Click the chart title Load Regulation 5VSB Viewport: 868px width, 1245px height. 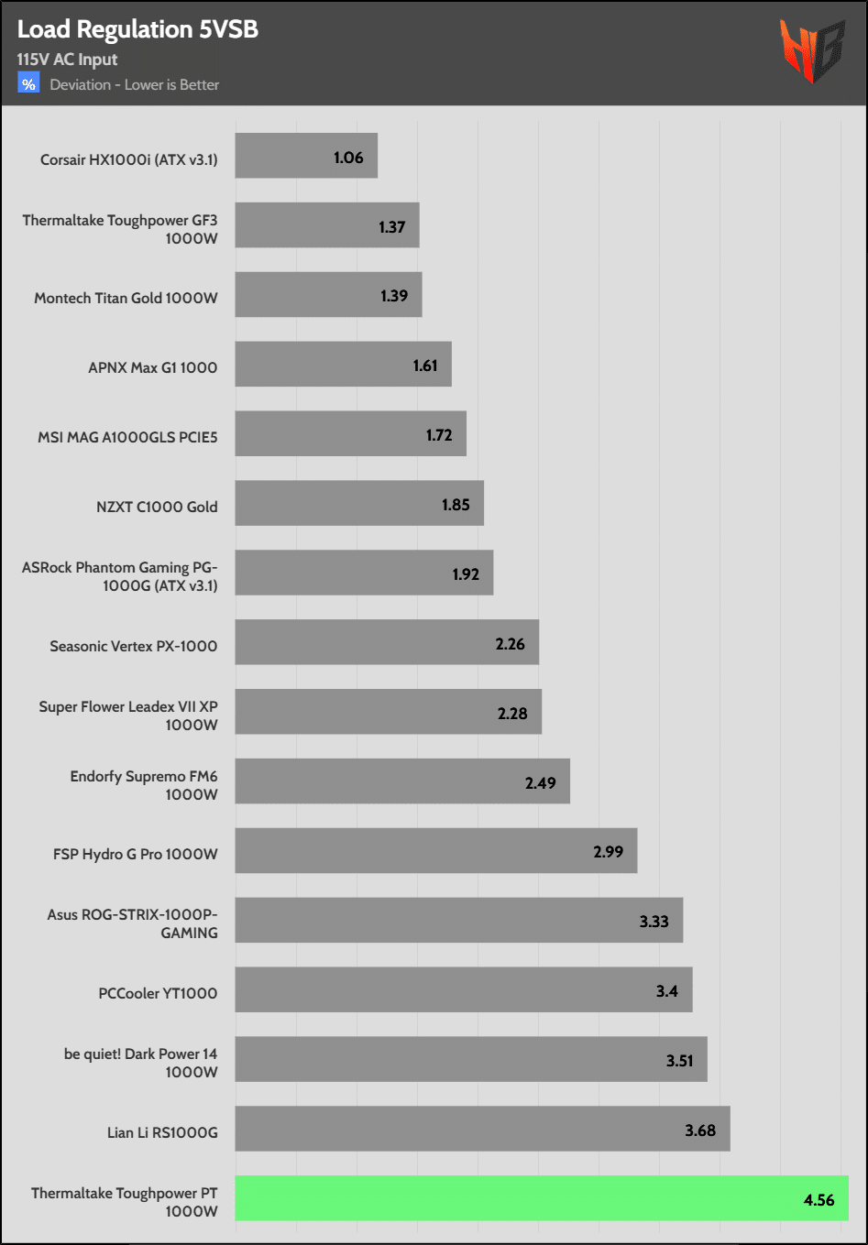[137, 29]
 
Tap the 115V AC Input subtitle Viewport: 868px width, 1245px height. [67, 60]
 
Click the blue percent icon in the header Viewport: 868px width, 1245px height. [28, 84]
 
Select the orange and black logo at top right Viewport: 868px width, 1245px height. [811, 49]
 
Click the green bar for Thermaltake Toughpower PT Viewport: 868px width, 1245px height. [541, 1198]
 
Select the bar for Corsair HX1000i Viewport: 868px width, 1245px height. [306, 156]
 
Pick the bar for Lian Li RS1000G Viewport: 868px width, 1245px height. [482, 1129]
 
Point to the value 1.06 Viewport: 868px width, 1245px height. [348, 158]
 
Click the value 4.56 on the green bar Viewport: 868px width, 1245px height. [819, 1200]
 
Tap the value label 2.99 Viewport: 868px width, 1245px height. [608, 852]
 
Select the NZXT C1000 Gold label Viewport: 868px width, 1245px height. [157, 507]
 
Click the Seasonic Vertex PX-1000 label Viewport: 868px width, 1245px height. [134, 646]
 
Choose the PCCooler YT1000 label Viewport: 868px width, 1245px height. [158, 993]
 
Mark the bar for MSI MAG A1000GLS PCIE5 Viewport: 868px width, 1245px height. [350, 433]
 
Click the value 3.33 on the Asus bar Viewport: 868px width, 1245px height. [654, 922]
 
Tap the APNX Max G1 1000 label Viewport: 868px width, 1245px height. [153, 367]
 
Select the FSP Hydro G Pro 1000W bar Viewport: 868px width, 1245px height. [435, 850]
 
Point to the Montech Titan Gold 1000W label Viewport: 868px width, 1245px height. [126, 298]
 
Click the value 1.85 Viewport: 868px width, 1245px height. [456, 505]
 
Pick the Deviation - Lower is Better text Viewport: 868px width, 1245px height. [135, 85]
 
